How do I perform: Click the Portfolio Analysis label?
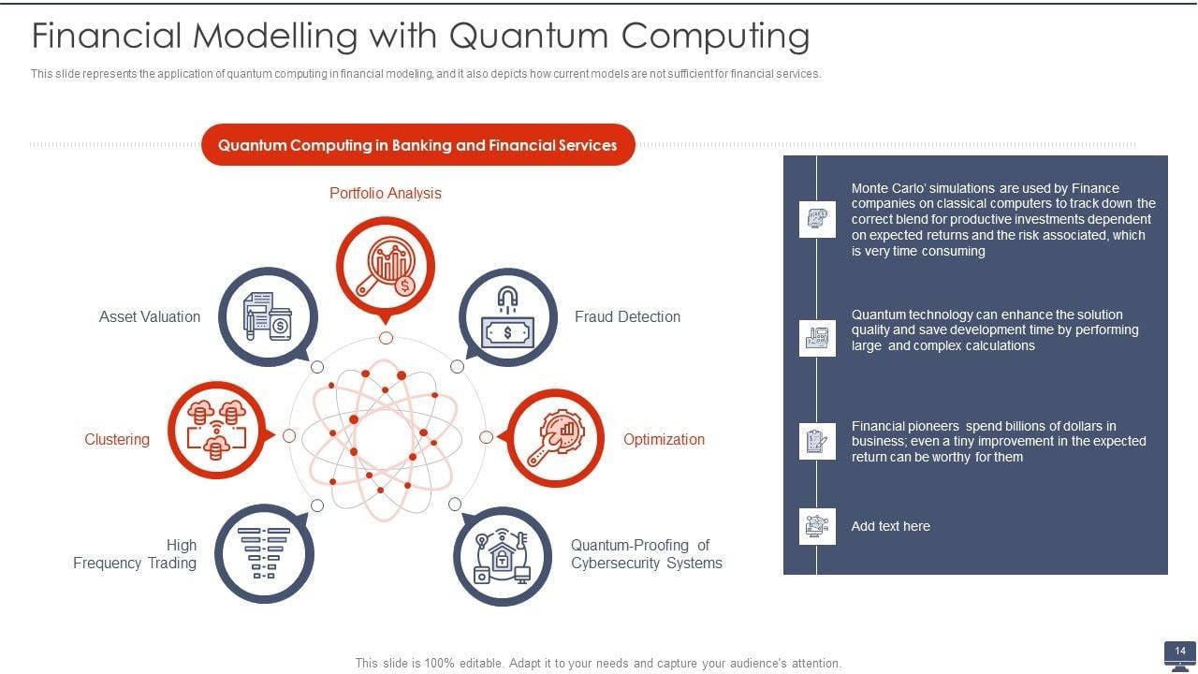click(x=385, y=193)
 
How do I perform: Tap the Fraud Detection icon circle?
click(x=507, y=318)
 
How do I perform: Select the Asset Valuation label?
click(x=150, y=316)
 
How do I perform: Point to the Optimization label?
click(x=664, y=439)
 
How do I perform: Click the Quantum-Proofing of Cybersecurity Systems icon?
click(x=502, y=556)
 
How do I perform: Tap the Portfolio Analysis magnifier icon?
click(x=386, y=264)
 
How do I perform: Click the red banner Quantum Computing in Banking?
click(x=417, y=145)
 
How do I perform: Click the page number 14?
click(x=1180, y=651)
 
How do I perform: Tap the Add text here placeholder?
click(x=890, y=526)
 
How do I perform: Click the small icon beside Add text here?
click(x=817, y=526)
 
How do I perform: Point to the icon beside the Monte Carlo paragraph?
click(x=817, y=219)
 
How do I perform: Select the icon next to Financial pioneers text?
click(x=817, y=441)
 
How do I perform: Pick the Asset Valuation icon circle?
click(x=268, y=316)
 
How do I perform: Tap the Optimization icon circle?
click(x=556, y=438)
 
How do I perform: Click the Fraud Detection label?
click(x=627, y=316)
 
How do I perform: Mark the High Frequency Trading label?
click(x=136, y=553)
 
